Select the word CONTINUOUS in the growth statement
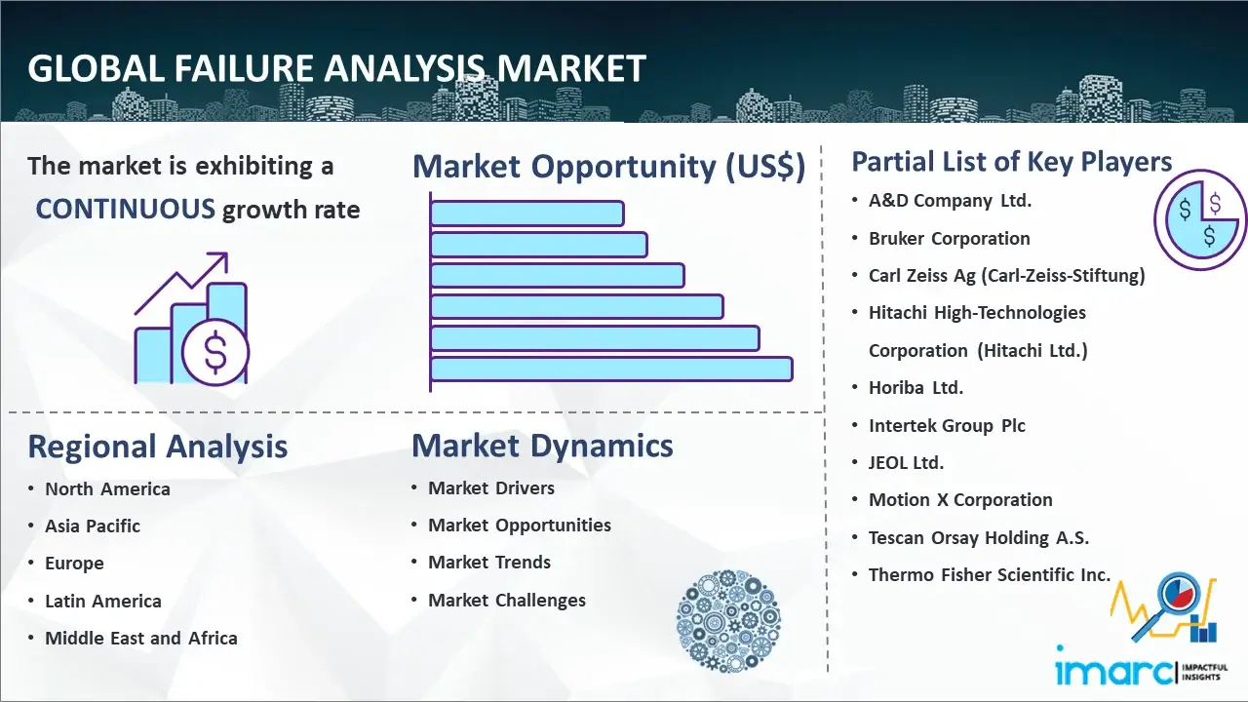tap(125, 209)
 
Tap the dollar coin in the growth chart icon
tap(215, 352)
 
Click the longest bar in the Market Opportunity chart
tap(610, 369)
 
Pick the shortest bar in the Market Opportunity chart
tap(526, 213)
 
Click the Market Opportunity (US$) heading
tap(608, 167)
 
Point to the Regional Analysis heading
tap(157, 447)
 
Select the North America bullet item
tap(107, 489)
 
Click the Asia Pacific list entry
tap(93, 526)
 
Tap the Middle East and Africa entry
tap(140, 639)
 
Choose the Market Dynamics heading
tap(542, 446)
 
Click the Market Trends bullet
tap(489, 563)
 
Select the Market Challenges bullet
tap(507, 601)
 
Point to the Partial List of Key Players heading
tap(1012, 162)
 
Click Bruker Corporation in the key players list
tap(950, 239)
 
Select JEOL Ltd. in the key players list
tap(907, 463)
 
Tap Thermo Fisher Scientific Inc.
tap(990, 575)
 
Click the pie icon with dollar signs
tap(1198, 220)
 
